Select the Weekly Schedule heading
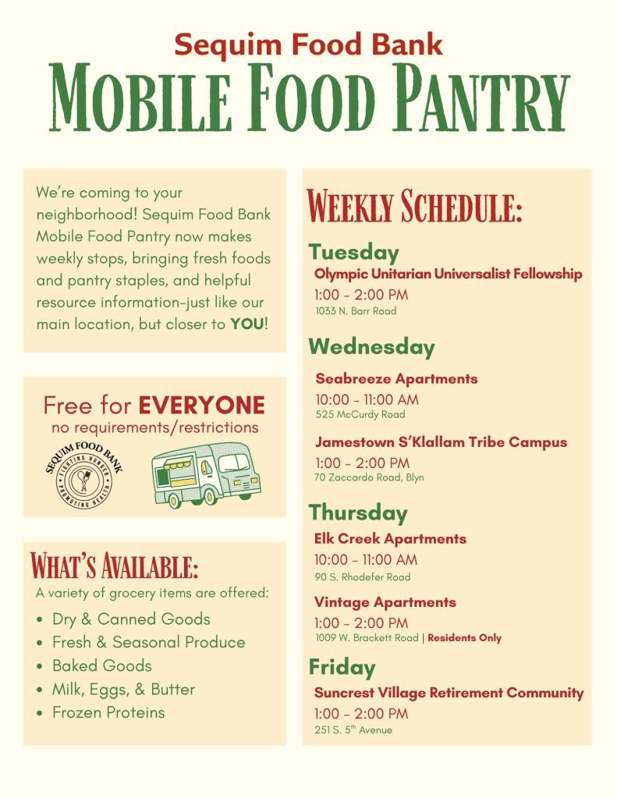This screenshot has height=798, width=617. tap(414, 207)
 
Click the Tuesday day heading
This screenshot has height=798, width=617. tap(353, 252)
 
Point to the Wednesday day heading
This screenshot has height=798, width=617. tap(371, 346)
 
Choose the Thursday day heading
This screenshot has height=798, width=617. tap(358, 512)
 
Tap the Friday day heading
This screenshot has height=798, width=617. tap(342, 667)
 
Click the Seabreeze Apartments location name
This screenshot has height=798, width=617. tap(396, 379)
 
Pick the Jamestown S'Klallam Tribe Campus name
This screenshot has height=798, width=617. tap(441, 442)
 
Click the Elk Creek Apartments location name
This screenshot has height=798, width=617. tap(390, 539)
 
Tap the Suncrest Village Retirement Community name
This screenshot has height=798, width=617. tap(449, 693)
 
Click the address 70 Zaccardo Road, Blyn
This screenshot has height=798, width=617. tap(369, 477)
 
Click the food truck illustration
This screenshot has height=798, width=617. tap(205, 475)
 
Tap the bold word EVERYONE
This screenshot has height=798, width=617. tap(201, 406)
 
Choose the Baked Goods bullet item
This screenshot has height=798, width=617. tap(101, 665)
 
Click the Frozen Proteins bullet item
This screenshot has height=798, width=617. tap(108, 712)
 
